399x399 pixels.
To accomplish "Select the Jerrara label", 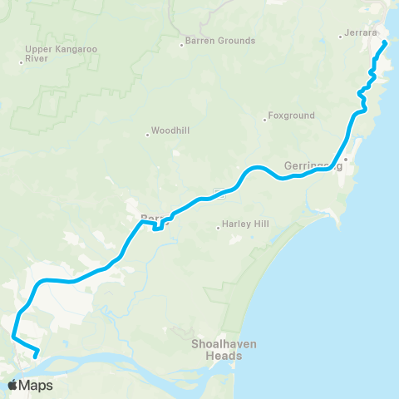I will coord(359,35).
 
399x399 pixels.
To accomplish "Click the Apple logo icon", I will coord(13,385).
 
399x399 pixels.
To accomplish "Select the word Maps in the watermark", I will coord(37,385).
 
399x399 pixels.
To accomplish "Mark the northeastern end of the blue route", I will coord(385,42).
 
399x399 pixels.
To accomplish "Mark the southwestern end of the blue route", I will coord(35,356).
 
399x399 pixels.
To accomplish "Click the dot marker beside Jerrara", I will coord(341,36).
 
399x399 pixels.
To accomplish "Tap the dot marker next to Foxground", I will coord(265,117).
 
